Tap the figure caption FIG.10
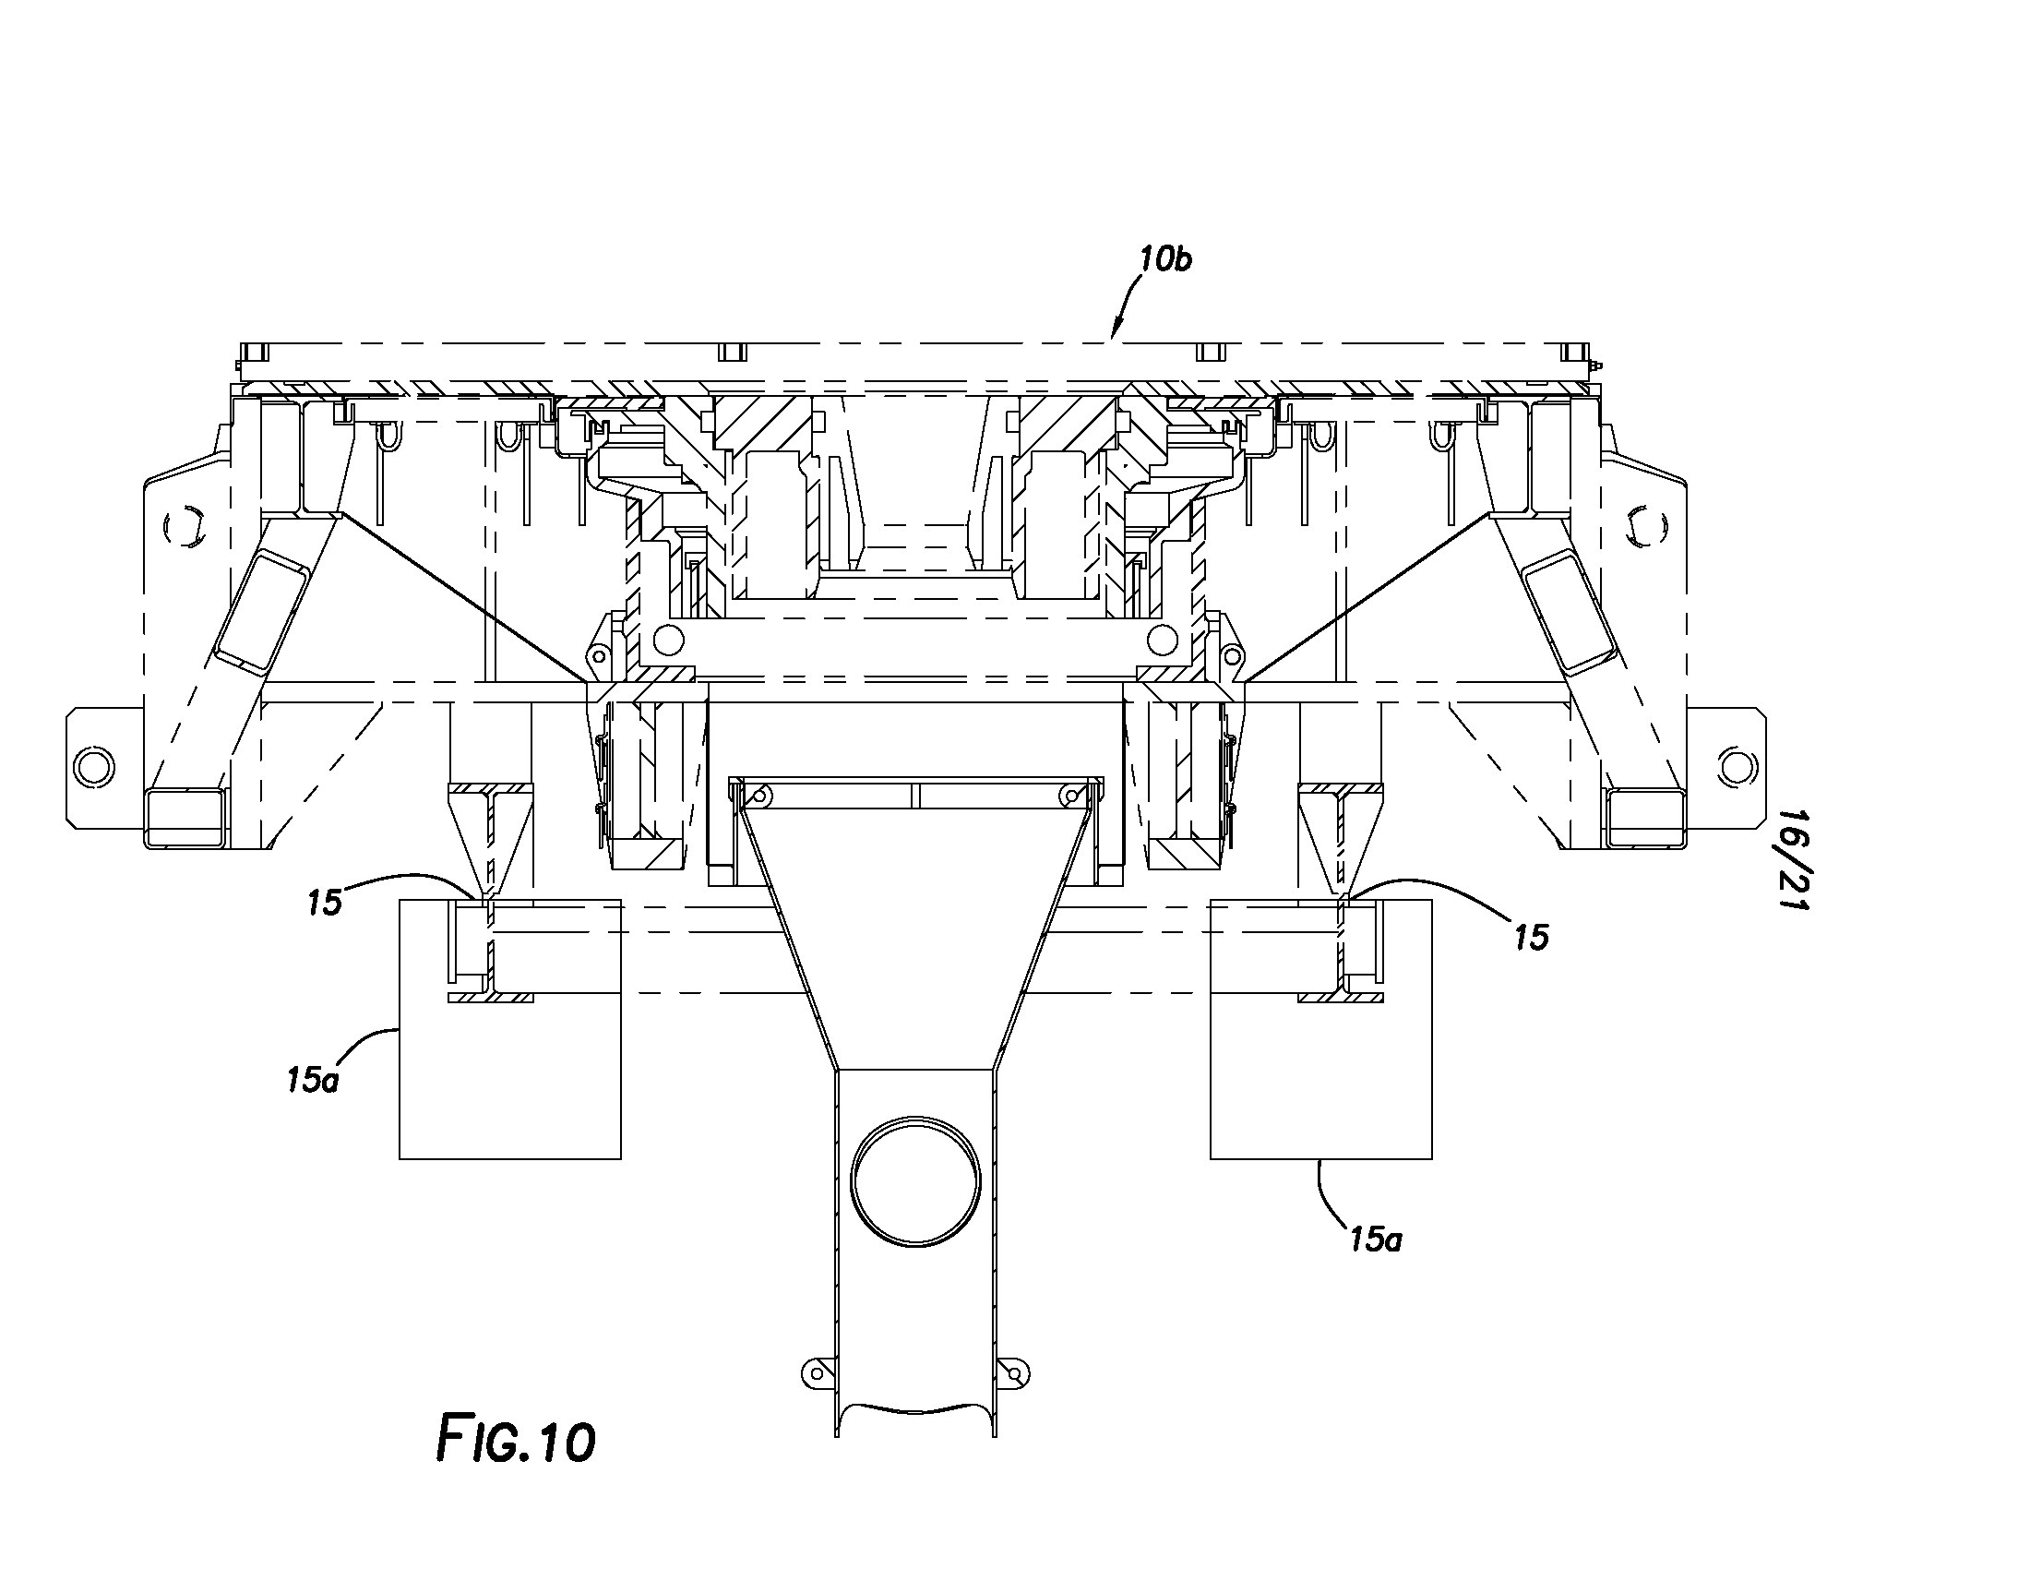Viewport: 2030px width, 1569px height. coord(516,1440)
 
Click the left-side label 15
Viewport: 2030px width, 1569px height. coord(326,903)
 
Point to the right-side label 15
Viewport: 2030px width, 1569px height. coord(1531,938)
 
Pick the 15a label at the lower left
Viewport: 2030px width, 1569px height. coord(312,1080)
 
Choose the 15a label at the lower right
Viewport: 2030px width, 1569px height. coord(1376,1238)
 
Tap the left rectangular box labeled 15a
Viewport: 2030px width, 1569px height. coord(510,1029)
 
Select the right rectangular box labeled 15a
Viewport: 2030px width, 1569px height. coord(1320,1029)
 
